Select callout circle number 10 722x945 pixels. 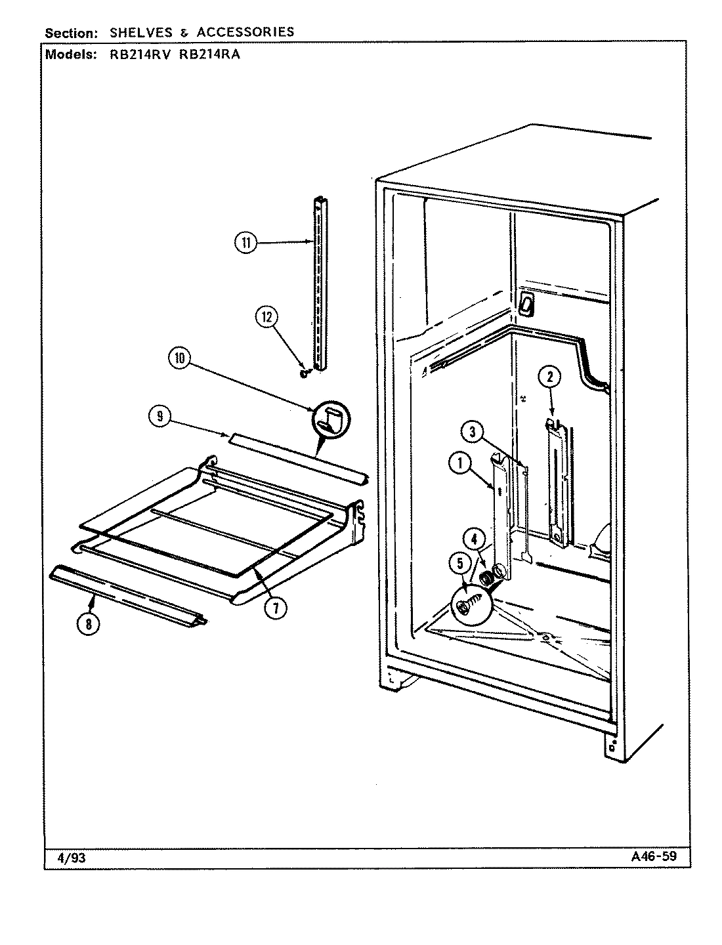point(180,358)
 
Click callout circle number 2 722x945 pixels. point(549,377)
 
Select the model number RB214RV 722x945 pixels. point(135,54)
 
